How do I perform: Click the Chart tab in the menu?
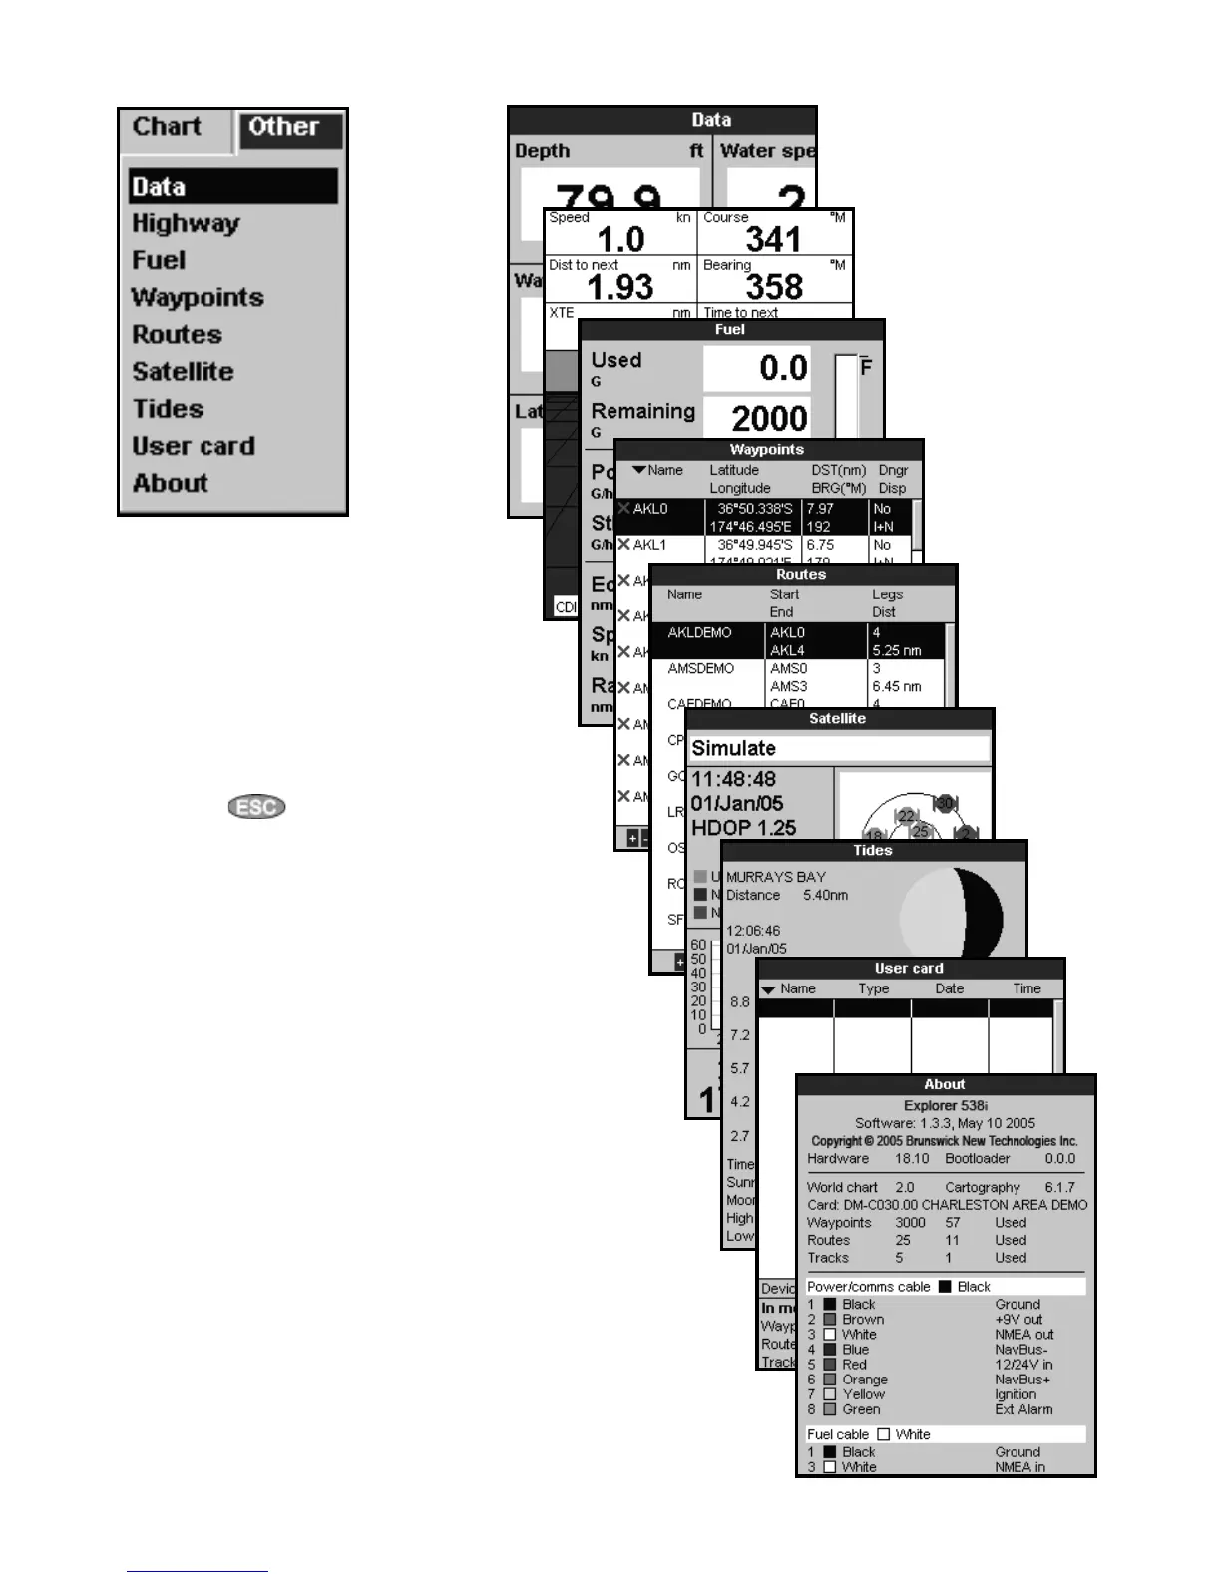click(167, 127)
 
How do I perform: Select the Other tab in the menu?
click(284, 127)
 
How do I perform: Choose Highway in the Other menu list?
click(186, 223)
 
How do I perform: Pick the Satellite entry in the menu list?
click(183, 371)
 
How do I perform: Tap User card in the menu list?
click(194, 446)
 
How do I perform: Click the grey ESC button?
click(256, 806)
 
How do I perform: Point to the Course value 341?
click(773, 239)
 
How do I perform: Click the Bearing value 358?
click(774, 287)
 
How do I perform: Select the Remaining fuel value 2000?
click(769, 418)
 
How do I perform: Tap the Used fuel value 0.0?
click(783, 368)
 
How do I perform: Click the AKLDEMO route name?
click(699, 633)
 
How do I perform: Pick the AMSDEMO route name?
click(700, 669)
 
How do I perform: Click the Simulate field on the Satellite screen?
click(839, 748)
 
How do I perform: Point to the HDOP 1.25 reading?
click(743, 828)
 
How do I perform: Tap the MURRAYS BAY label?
click(775, 877)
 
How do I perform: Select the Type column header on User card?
click(873, 988)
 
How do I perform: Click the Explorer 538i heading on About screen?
click(945, 1105)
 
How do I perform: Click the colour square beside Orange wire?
click(829, 1380)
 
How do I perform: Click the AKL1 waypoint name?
click(649, 545)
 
